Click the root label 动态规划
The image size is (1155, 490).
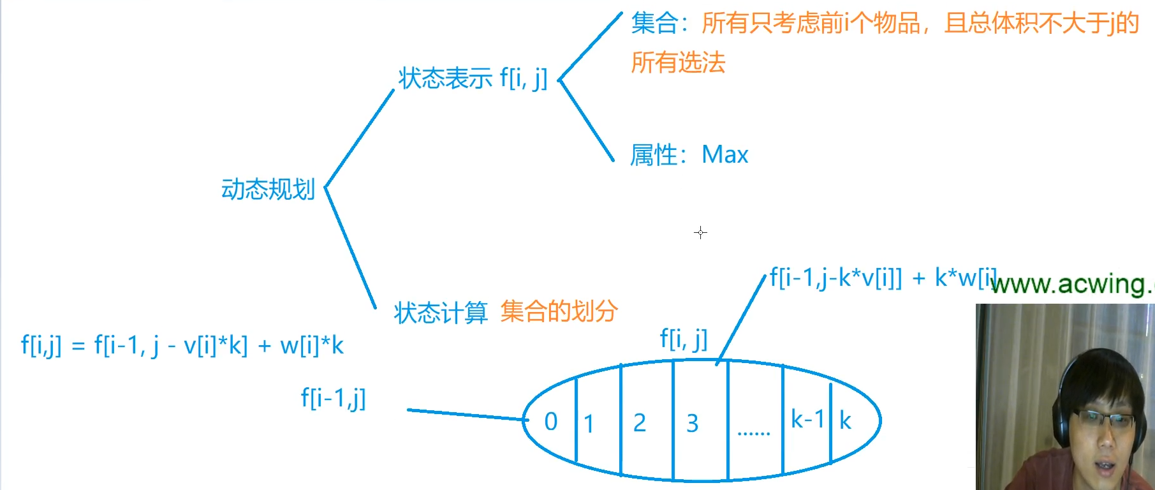[268, 189]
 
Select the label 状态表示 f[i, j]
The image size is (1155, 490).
[473, 78]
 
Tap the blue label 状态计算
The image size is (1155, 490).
[440, 313]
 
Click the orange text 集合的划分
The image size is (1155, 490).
[559, 311]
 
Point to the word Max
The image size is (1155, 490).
[725, 155]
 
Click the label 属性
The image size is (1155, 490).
[653, 155]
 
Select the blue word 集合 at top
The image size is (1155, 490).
[654, 24]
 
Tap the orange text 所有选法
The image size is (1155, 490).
[678, 63]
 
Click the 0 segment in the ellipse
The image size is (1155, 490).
[551, 422]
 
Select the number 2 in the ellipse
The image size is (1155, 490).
[640, 423]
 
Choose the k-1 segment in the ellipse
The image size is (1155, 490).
[807, 420]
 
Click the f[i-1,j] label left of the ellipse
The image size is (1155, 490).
[333, 398]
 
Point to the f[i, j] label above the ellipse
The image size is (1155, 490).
[683, 338]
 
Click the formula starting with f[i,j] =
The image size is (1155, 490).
[182, 346]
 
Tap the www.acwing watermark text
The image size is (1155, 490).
[1071, 284]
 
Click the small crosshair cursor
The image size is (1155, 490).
[700, 233]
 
